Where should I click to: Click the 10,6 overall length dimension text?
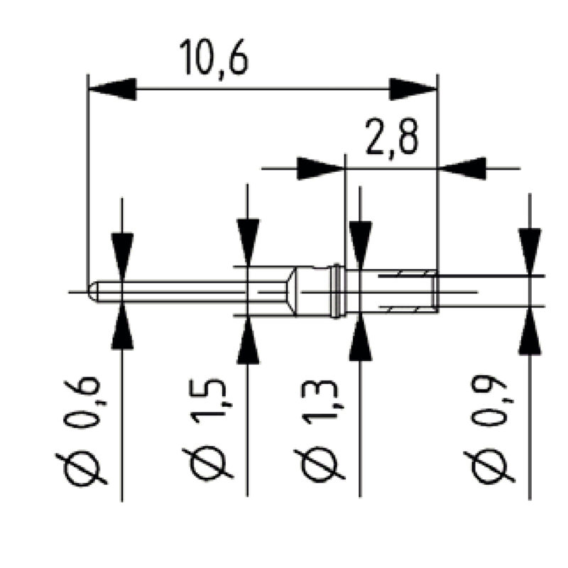click(x=214, y=58)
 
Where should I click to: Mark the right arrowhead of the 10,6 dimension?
click(x=413, y=89)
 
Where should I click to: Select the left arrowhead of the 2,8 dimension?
click(x=320, y=168)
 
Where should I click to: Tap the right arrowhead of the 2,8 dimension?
click(x=463, y=168)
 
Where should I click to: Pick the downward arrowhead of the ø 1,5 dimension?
click(x=248, y=242)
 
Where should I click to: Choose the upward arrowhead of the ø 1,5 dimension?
click(x=248, y=340)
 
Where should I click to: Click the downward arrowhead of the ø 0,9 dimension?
click(x=530, y=251)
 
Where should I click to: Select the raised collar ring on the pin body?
click(x=335, y=291)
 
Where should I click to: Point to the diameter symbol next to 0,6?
click(x=83, y=466)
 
